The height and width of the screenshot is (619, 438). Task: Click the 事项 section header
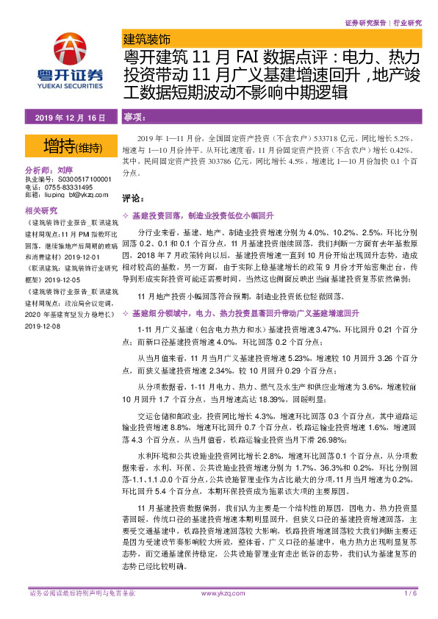pyautogui.click(x=133, y=118)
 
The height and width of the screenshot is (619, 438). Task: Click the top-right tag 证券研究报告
pyautogui.click(x=365, y=23)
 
